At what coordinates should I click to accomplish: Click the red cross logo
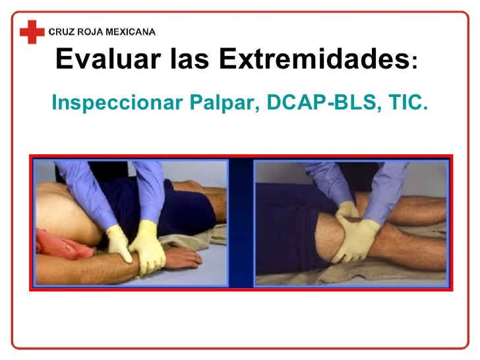pyautogui.click(x=30, y=31)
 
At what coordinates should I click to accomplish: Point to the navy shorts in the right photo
pyautogui.click(x=284, y=198)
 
